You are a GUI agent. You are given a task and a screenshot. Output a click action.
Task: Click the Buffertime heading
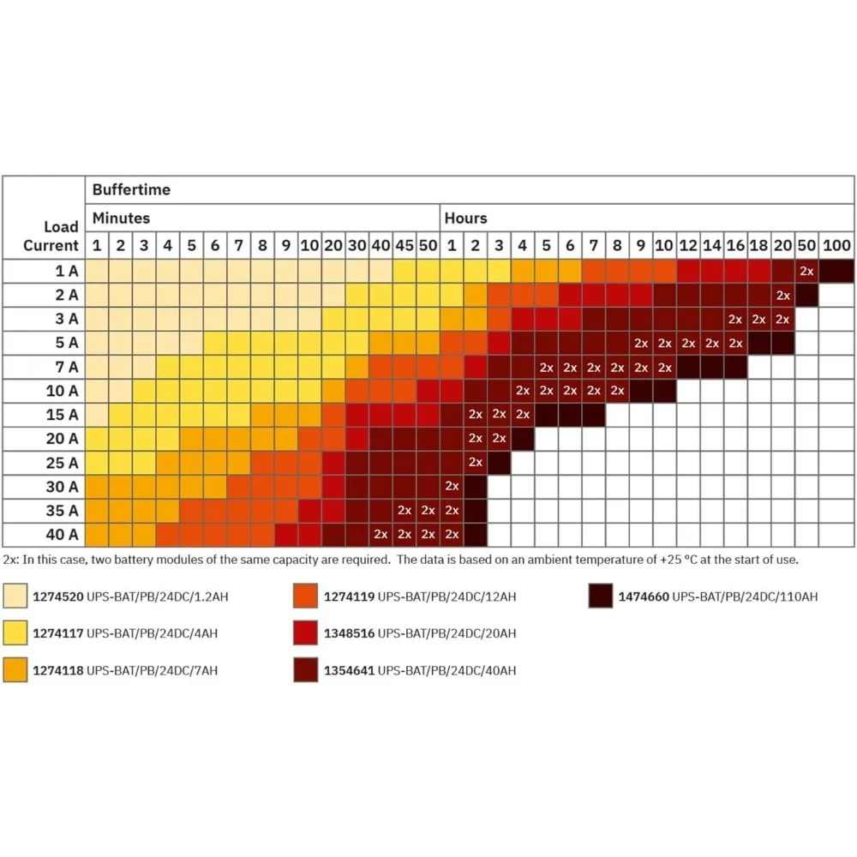131,189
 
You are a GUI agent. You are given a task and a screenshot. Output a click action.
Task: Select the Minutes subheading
121,219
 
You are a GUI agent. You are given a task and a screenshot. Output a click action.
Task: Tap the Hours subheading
465,219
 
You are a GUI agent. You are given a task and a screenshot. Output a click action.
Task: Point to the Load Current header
51,236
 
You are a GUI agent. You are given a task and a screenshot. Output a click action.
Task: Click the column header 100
836,246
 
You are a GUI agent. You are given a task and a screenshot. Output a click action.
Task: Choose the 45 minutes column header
405,246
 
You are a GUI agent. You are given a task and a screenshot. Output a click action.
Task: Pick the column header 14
711,246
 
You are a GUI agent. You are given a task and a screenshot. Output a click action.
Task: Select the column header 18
758,246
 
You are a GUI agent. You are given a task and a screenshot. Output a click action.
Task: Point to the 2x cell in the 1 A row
806,271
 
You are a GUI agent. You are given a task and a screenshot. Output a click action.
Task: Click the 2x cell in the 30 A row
452,486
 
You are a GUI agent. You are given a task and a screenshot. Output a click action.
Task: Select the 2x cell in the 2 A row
782,295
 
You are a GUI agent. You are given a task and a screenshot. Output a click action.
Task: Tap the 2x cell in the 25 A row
476,462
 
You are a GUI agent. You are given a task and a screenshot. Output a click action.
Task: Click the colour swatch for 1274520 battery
14,596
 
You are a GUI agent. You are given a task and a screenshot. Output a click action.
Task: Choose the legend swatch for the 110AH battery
601,596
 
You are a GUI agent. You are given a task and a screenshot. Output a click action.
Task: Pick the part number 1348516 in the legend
349,633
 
